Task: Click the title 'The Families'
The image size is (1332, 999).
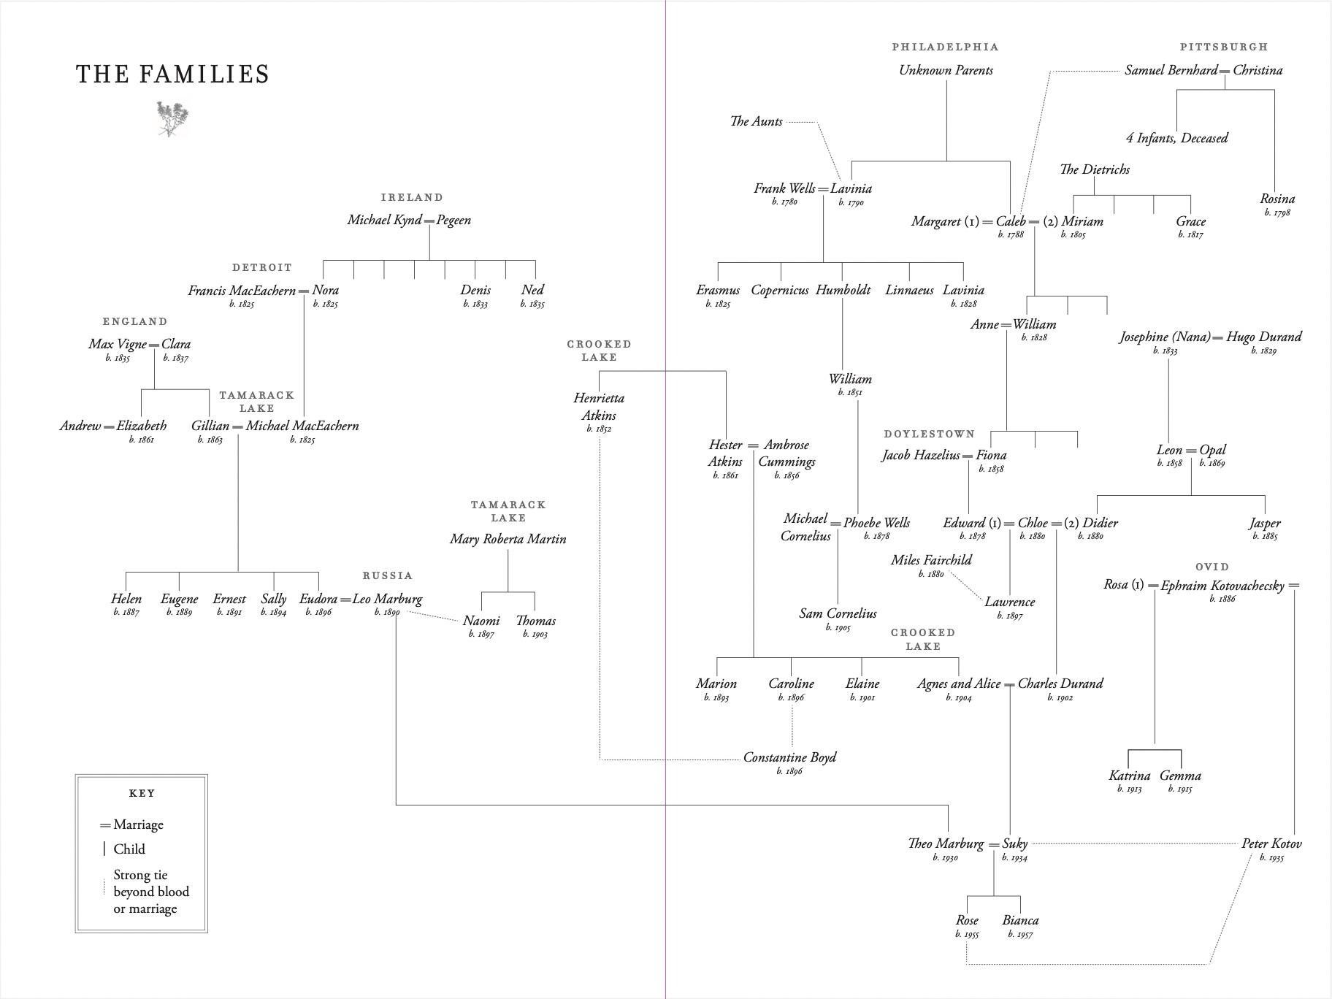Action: point(173,74)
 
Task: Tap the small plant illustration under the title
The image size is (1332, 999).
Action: point(172,119)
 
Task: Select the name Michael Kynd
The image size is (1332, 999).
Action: point(384,220)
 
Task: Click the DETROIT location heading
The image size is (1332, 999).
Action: point(262,267)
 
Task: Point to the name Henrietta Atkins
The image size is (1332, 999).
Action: point(599,407)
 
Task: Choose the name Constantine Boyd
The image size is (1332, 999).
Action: point(789,757)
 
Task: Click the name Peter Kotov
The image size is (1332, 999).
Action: point(1271,843)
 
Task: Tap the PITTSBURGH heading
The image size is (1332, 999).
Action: point(1224,47)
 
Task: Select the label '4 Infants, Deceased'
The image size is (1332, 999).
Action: point(1176,138)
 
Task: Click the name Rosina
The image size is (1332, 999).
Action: point(1277,199)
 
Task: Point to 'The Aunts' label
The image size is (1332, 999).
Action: point(756,121)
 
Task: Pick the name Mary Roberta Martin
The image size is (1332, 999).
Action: point(508,539)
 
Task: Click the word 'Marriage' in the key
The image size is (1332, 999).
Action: point(139,824)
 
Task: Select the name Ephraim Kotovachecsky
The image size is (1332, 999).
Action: point(1222,586)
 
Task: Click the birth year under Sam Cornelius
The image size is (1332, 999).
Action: point(838,627)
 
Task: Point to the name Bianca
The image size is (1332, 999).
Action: point(1020,920)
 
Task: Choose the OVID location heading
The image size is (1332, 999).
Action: point(1212,567)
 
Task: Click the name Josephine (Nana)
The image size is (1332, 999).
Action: point(1164,337)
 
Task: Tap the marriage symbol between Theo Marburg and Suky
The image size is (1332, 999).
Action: point(993,845)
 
